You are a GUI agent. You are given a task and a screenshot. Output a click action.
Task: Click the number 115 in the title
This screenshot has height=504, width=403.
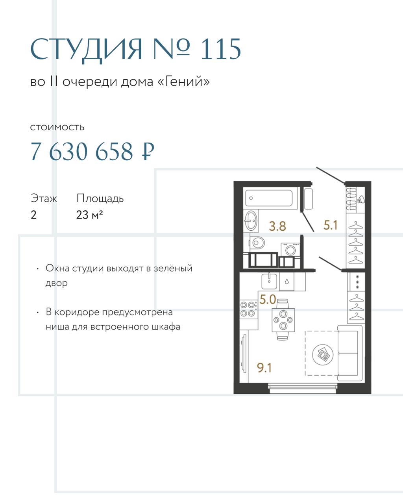221,49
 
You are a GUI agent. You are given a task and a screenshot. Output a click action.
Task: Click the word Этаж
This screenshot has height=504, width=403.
44,198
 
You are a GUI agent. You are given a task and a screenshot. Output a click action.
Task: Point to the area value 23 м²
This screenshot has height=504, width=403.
90,215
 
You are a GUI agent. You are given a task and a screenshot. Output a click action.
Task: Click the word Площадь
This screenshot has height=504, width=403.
100,198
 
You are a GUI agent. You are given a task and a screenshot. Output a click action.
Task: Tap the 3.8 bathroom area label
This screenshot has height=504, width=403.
277,226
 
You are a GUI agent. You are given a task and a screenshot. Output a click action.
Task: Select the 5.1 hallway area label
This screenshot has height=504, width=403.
331,225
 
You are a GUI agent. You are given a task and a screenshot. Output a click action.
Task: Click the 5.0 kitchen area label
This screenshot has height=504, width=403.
268,300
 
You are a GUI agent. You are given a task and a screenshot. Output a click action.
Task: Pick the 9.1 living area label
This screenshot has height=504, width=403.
264,368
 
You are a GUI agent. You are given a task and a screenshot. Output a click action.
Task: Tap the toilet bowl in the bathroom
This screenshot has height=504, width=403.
257,243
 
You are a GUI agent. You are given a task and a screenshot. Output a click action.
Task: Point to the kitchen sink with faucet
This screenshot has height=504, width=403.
269,281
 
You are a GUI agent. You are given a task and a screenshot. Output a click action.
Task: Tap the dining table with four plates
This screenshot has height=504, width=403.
283,320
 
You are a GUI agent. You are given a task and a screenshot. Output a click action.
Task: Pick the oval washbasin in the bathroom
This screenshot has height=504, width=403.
251,220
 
